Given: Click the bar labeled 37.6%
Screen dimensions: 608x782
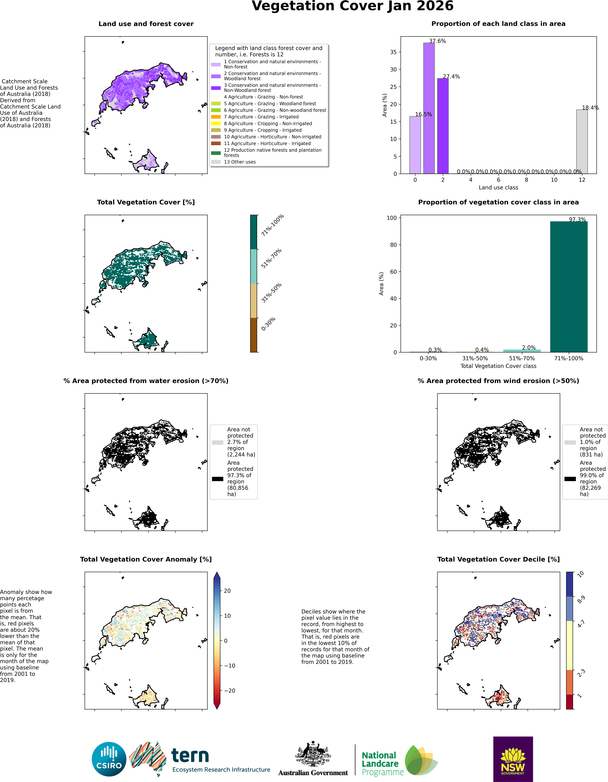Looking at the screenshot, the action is pos(429,108).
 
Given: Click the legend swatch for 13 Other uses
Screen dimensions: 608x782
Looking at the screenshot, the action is pos(216,162).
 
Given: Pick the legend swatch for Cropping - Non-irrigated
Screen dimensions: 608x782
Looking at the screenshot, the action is pos(216,124).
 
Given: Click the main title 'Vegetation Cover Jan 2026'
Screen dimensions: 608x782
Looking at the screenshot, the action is pos(353,6).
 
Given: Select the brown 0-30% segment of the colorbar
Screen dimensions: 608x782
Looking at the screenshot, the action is pos(254,335).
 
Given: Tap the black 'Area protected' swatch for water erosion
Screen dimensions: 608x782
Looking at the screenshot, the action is pos(217,479).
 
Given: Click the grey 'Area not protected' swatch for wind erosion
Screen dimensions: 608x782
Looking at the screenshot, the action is pos(570,443).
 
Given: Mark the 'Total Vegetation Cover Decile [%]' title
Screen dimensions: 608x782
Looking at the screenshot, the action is pos(498,559).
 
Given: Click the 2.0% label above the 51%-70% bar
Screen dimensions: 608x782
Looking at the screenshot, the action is pos(529,348).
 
